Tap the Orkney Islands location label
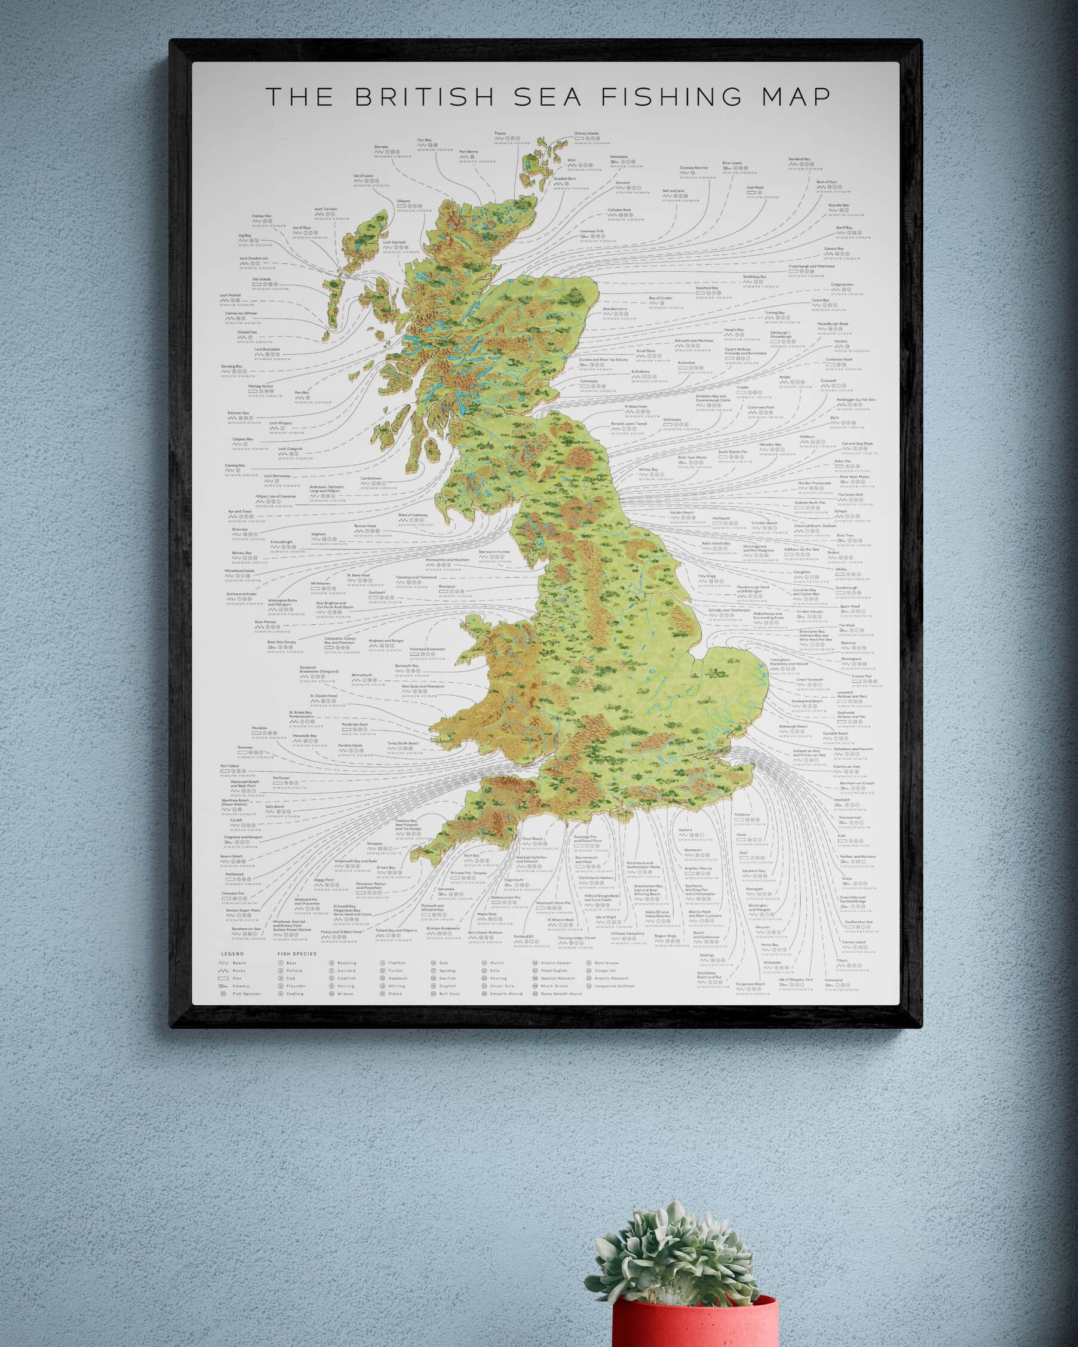[x=586, y=133]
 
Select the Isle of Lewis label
[x=364, y=176]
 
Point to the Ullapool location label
[x=404, y=201]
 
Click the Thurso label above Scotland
[x=500, y=133]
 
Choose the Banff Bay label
[x=845, y=228]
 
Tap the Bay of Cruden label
[x=661, y=298]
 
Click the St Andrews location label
[x=641, y=371]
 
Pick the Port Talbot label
[x=229, y=765]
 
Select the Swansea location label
[x=245, y=747]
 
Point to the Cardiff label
[x=235, y=820]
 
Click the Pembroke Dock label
[x=355, y=725]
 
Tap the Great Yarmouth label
[x=809, y=680]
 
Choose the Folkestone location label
[x=742, y=815]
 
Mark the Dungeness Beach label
[x=750, y=984]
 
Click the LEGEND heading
[x=232, y=954]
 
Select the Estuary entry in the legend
[x=241, y=986]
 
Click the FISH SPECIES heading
[x=297, y=954]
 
